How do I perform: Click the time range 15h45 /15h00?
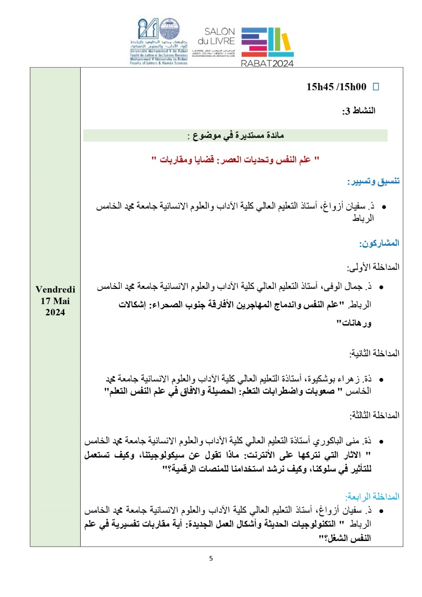pos(336,87)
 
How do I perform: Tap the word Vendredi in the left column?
pos(55,289)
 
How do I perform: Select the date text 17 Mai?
pos(55,301)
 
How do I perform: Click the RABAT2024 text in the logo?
pos(267,63)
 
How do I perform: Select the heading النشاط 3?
pos(359,111)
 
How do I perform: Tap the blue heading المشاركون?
pos(380,243)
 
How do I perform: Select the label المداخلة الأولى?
pos(373,268)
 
